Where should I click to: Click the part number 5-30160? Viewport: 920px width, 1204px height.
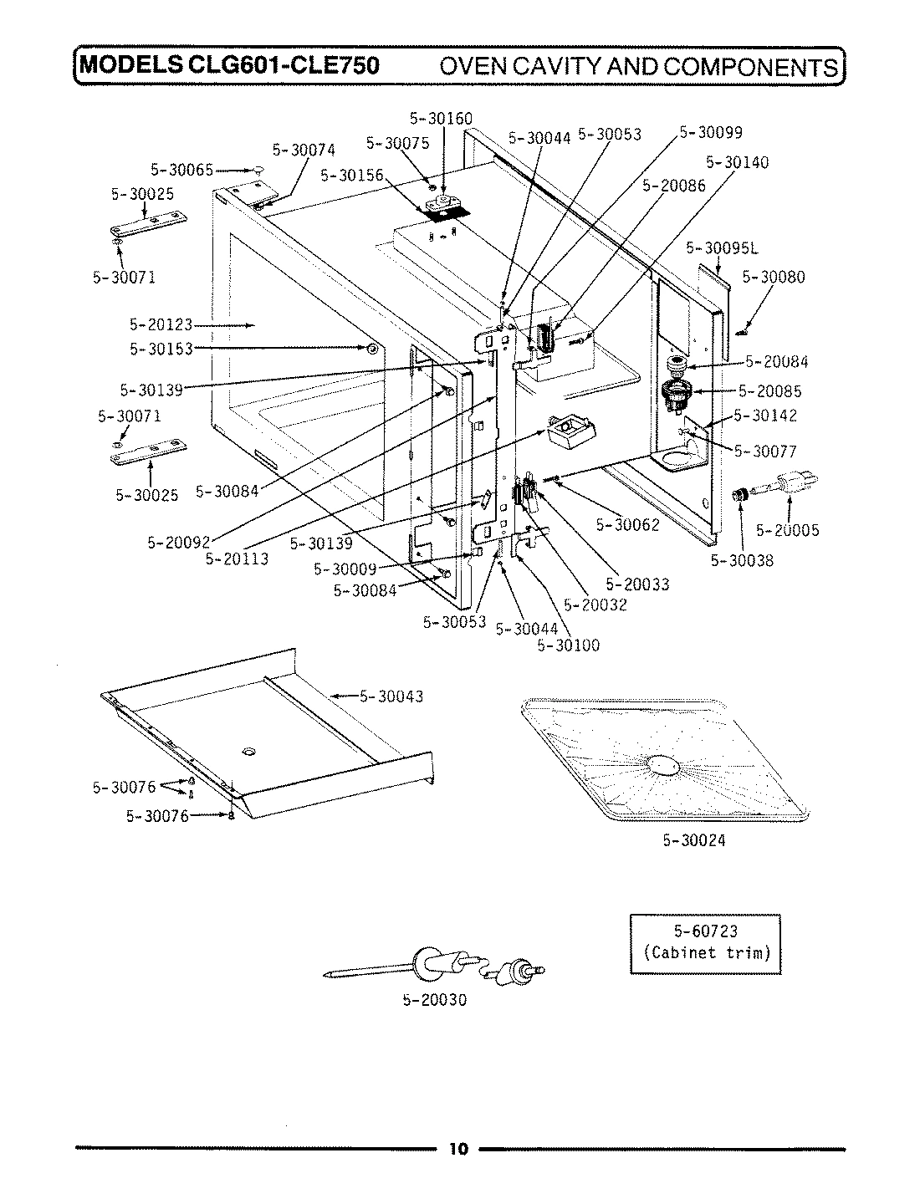click(x=441, y=119)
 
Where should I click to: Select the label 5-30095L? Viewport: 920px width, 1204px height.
click(x=722, y=247)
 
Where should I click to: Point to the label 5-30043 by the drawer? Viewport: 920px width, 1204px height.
click(x=391, y=696)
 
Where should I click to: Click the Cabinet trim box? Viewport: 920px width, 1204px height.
click(x=705, y=942)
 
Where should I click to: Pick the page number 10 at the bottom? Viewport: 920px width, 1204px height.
click(x=458, y=1148)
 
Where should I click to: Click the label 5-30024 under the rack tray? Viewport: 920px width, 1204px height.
click(x=693, y=840)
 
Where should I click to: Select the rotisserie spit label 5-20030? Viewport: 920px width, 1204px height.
click(x=434, y=999)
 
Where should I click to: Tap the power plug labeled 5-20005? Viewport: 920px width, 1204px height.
click(x=790, y=485)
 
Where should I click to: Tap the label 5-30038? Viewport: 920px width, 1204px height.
click(x=742, y=560)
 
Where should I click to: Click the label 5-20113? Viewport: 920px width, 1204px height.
click(x=237, y=559)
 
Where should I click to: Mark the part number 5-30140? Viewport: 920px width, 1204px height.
click(x=737, y=162)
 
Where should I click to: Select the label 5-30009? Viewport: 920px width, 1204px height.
click(x=345, y=569)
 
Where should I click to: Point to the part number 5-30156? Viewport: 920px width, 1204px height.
click(x=351, y=176)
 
